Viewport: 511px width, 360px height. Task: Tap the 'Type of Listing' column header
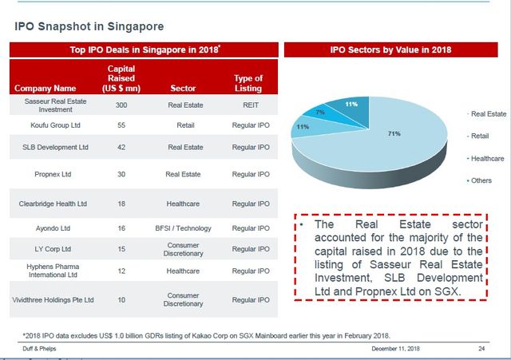point(248,83)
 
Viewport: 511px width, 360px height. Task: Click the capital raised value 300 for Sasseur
point(121,104)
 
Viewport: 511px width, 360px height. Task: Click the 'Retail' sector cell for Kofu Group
point(185,125)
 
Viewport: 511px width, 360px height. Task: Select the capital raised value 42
point(121,147)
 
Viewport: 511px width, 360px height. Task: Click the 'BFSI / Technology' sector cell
point(183,227)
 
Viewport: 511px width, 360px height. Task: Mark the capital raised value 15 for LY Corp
point(121,248)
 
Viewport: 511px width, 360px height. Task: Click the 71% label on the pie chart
point(394,133)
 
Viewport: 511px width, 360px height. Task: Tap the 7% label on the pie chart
point(319,113)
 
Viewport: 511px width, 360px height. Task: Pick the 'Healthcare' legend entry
point(488,159)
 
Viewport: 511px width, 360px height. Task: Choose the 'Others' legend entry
point(482,181)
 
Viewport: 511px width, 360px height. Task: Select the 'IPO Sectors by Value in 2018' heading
point(390,49)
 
